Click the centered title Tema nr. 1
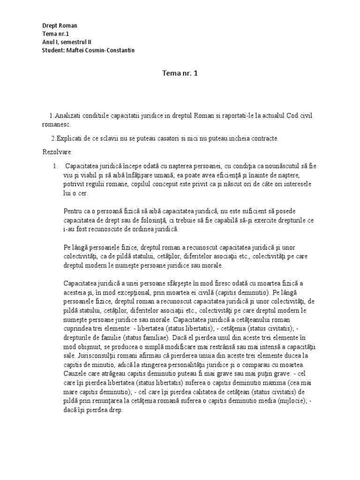(x=180, y=74)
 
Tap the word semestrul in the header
(x=73, y=42)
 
